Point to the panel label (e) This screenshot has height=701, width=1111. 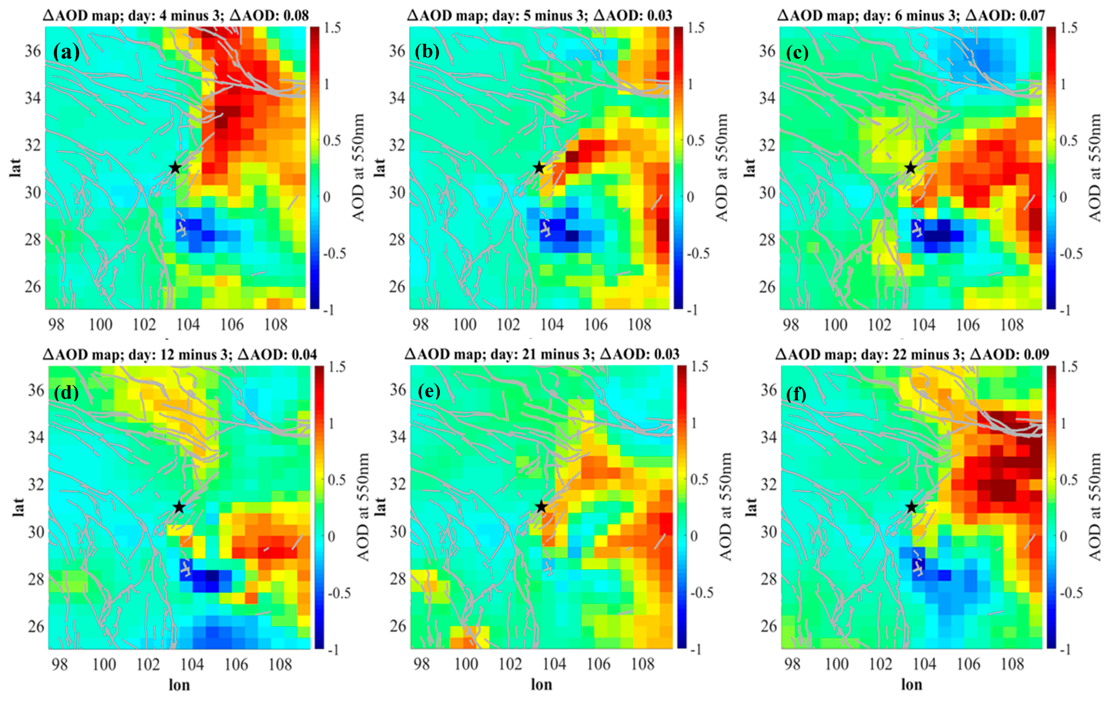pyautogui.click(x=429, y=392)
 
